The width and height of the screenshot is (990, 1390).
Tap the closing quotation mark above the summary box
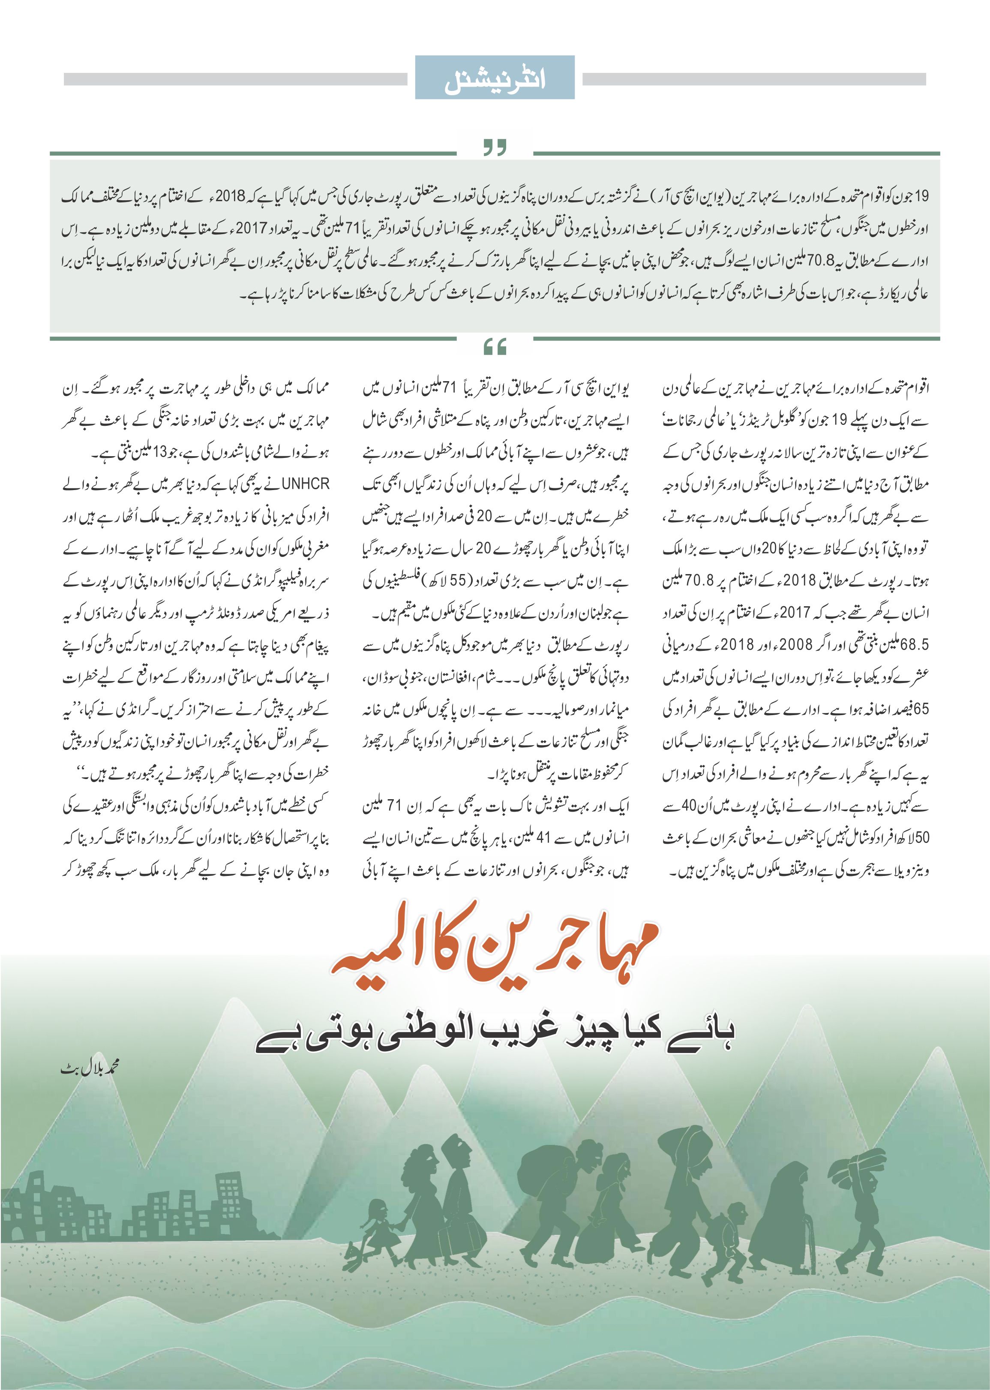click(495, 148)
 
